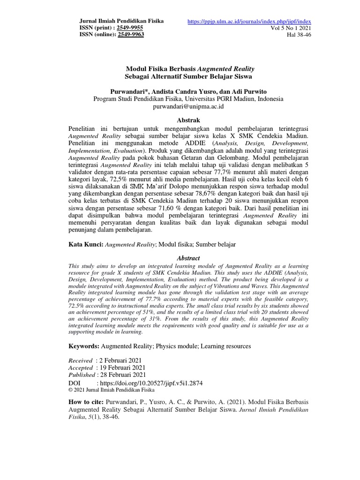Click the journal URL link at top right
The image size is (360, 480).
point(249,22)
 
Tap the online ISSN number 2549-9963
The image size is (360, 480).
point(131,35)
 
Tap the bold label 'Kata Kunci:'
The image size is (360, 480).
point(86,244)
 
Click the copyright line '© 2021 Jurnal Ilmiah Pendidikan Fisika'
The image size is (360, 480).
point(111,390)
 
